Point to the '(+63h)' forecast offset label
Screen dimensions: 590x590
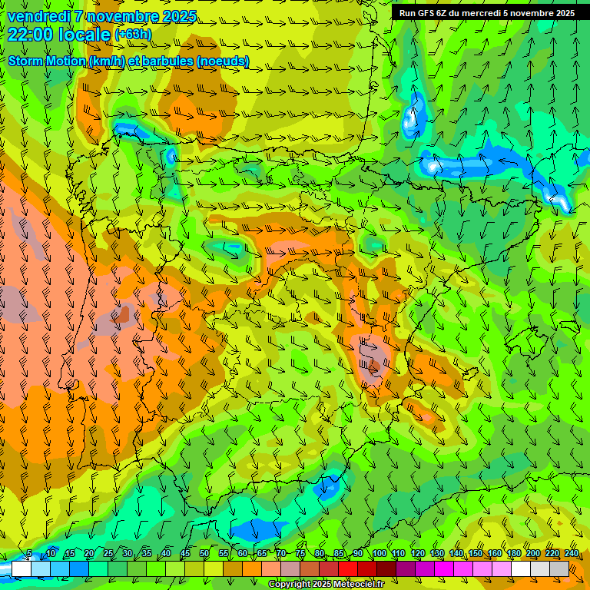coord(133,35)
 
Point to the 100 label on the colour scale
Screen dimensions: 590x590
coord(380,554)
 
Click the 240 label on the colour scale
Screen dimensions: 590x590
coord(572,554)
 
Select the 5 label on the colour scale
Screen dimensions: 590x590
coord(29,554)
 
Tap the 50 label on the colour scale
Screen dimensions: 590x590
coord(204,554)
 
